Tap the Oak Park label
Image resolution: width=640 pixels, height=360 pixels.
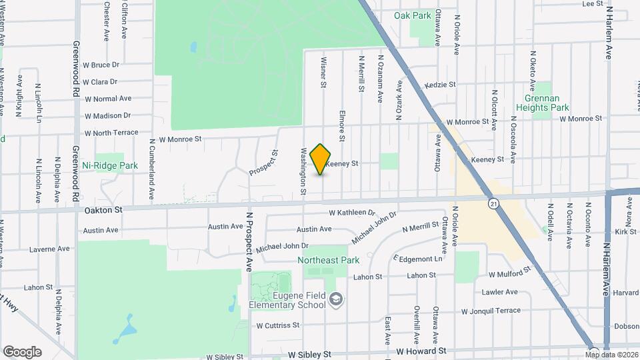click(412, 15)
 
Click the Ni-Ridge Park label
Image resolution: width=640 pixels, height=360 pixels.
click(110, 165)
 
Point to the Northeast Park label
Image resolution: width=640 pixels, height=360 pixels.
click(328, 260)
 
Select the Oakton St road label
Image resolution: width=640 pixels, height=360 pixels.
click(104, 209)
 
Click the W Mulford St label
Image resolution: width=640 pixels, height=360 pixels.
click(509, 273)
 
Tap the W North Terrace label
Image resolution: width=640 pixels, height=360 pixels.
click(111, 132)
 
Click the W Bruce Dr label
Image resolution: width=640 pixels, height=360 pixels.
click(101, 65)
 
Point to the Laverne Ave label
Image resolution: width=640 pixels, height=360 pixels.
click(49, 249)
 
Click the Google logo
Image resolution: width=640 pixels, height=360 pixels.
click(22, 352)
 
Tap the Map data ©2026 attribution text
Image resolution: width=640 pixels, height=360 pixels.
click(612, 354)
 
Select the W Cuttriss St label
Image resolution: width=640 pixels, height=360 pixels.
click(278, 325)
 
